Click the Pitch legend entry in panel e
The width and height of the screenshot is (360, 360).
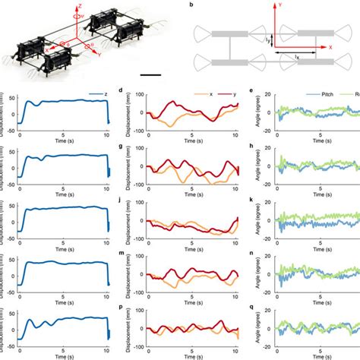click(324, 96)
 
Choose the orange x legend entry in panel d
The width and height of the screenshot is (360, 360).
click(206, 96)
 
